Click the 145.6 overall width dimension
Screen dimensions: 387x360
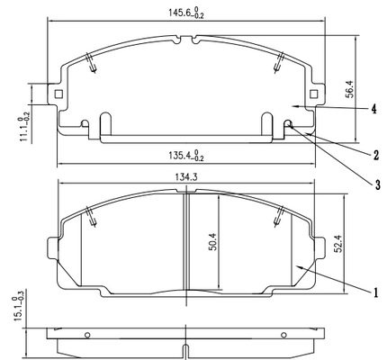point(185,13)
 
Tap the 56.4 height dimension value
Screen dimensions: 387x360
point(350,89)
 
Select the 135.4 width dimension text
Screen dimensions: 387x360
point(185,156)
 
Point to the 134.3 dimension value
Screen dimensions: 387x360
point(185,178)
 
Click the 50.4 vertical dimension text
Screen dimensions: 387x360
point(213,241)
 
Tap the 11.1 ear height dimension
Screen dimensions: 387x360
point(24,126)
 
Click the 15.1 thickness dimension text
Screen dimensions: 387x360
point(19,309)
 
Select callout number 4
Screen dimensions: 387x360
point(373,109)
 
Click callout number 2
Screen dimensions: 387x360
point(376,155)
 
